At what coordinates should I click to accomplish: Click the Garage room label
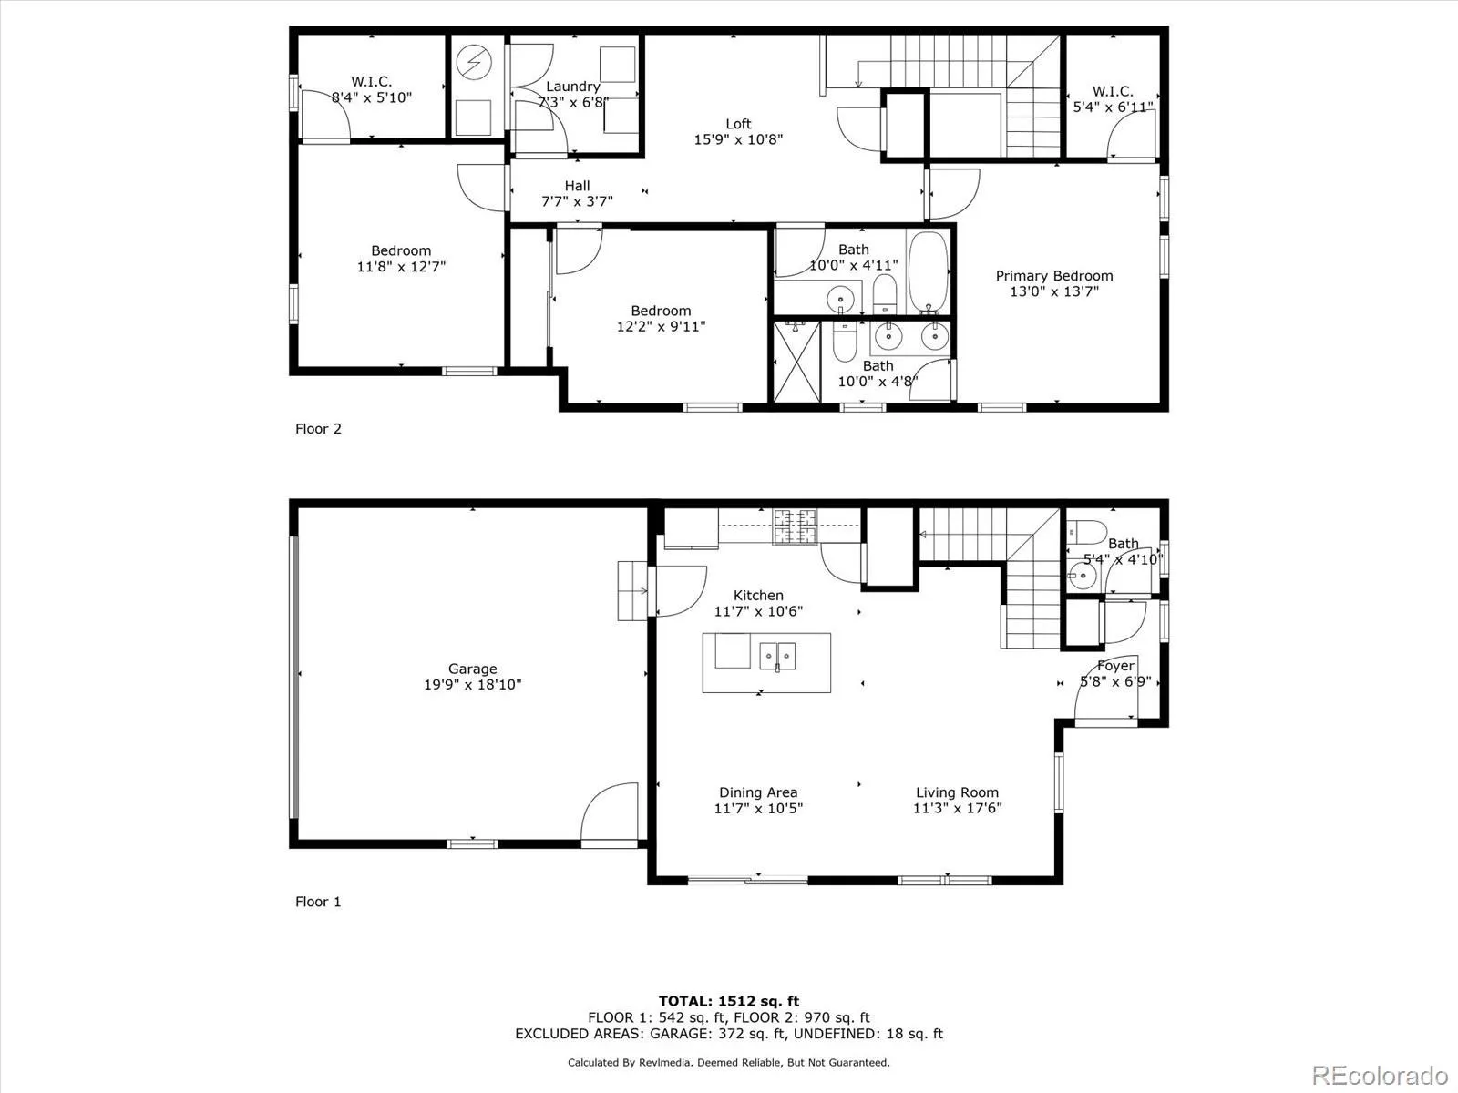click(472, 669)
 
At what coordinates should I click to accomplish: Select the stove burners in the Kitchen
click(795, 527)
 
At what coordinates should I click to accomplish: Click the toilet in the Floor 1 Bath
click(1087, 530)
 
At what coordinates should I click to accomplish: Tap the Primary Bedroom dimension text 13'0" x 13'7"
click(1054, 291)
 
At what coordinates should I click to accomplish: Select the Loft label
click(738, 124)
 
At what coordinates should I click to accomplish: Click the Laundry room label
click(572, 87)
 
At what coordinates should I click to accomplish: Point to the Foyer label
click(1114, 666)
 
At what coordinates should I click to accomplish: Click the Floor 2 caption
click(318, 428)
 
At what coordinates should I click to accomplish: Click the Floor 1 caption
click(318, 902)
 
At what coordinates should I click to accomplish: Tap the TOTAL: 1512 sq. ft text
click(728, 1001)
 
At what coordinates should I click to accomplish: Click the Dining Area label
click(757, 792)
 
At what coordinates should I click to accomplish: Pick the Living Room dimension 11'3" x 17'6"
click(957, 808)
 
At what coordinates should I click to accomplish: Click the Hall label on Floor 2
click(577, 186)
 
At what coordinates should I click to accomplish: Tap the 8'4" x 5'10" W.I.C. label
click(372, 97)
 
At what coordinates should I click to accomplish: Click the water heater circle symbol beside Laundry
click(474, 62)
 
